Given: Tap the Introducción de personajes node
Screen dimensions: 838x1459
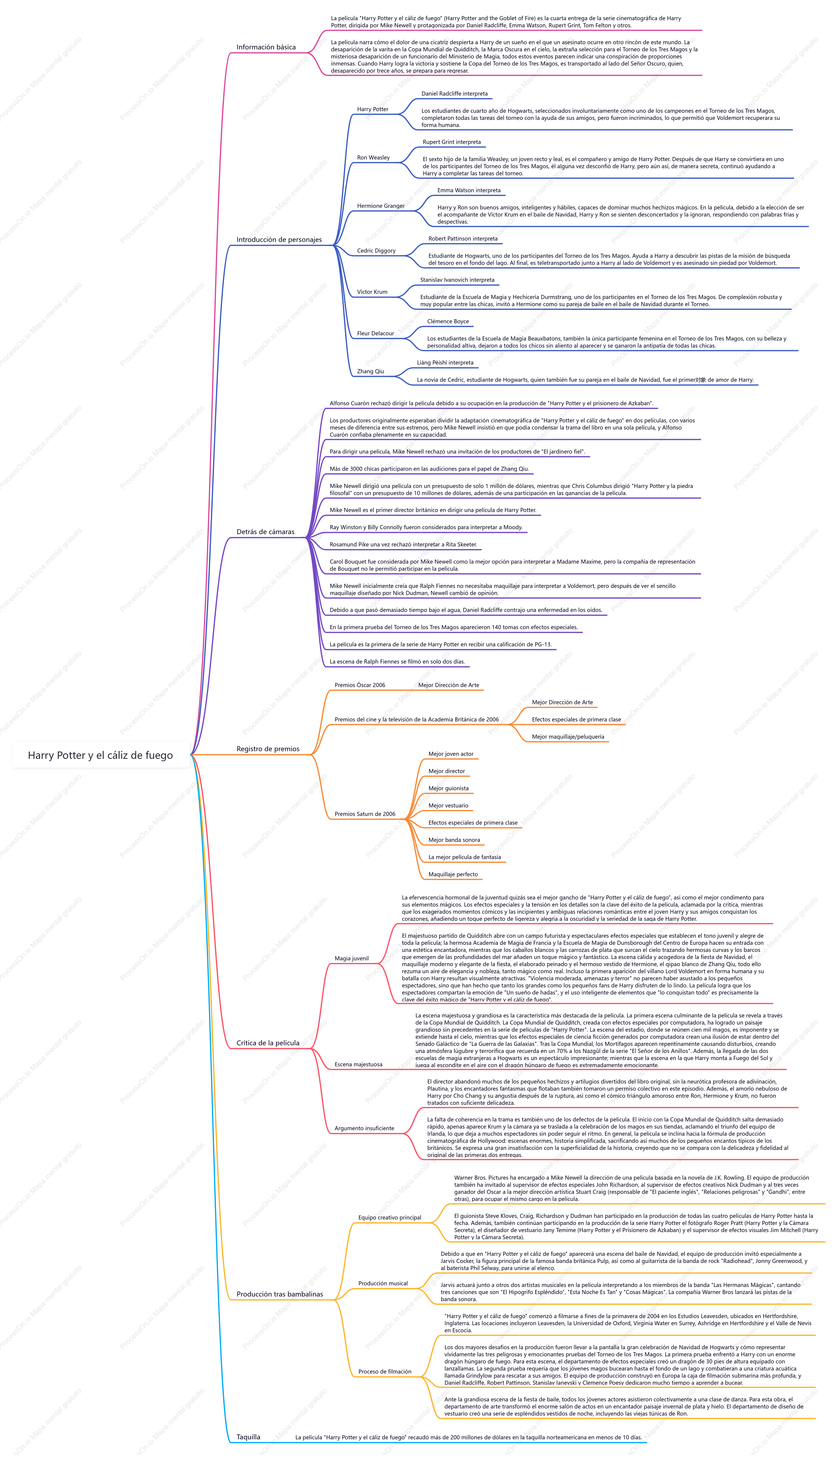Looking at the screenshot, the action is (x=279, y=239).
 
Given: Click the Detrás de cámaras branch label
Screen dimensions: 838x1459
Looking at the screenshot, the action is (x=265, y=532).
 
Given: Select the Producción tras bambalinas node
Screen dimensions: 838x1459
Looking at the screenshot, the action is (x=280, y=1294).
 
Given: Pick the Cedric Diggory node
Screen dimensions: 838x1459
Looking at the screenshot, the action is (x=376, y=251).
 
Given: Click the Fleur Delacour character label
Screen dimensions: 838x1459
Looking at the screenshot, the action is (x=375, y=333).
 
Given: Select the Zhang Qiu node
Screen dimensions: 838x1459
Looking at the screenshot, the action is (x=370, y=372).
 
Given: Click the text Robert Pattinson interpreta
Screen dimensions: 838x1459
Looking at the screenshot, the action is (x=463, y=238).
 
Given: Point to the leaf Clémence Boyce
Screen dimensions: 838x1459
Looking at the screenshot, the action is (x=448, y=321).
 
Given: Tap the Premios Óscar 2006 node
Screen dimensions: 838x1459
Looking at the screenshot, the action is (x=360, y=685).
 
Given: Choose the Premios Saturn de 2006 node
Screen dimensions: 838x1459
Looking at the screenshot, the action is (x=365, y=814).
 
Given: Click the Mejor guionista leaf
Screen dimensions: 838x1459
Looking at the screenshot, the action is (x=448, y=789).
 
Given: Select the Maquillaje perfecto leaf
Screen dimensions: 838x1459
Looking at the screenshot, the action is (x=453, y=874).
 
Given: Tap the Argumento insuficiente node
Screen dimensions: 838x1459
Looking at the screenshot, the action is (x=364, y=1128).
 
